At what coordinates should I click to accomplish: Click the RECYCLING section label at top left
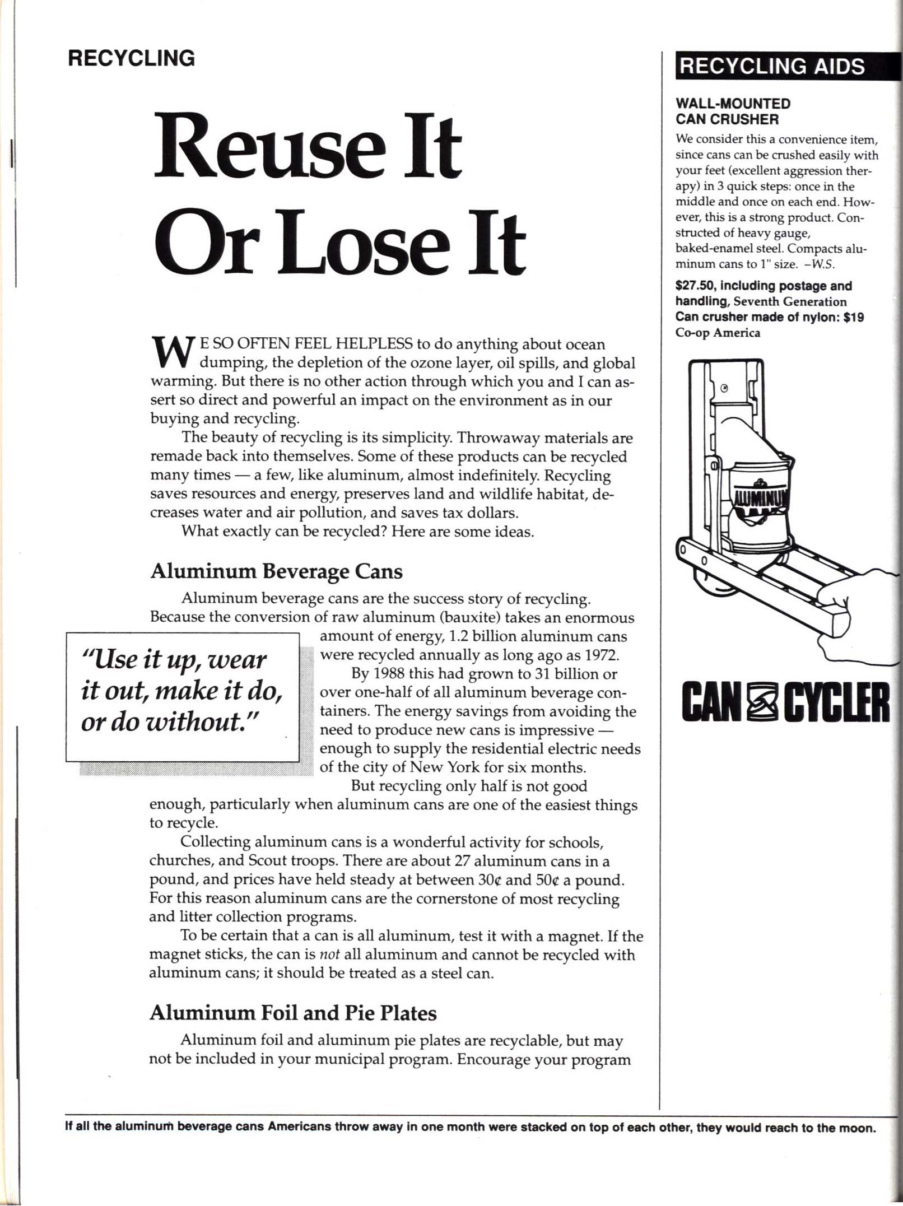(131, 58)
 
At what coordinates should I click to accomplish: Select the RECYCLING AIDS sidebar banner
(773, 66)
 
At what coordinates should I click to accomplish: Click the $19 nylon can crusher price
(855, 317)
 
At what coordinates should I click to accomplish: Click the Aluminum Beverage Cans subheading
(276, 571)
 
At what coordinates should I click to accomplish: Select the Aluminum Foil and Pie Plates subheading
(292, 1012)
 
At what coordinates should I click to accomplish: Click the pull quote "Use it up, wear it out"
(182, 691)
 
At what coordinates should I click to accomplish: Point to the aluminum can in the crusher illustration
(759, 499)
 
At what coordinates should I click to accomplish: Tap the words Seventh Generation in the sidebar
(790, 301)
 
